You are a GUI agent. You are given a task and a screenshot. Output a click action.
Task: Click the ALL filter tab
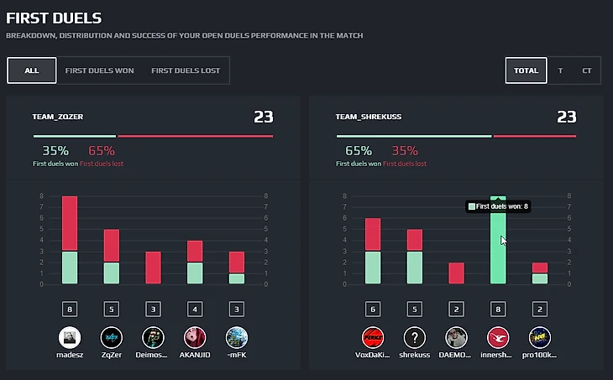point(32,70)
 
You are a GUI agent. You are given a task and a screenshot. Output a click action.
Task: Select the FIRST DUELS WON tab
point(99,70)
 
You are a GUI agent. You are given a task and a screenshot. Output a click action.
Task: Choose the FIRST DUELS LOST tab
point(186,70)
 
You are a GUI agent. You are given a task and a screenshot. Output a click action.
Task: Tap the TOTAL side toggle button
point(527,70)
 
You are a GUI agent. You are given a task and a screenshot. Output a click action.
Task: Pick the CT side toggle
point(586,70)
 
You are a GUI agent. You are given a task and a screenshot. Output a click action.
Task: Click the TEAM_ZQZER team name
point(58,117)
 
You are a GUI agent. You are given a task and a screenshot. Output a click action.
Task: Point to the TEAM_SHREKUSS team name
point(369,117)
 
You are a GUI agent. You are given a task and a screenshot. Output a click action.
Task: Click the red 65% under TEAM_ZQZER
point(101,151)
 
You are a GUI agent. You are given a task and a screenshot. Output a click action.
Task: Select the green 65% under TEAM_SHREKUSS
point(358,151)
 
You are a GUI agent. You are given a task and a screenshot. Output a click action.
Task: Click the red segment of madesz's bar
point(70,223)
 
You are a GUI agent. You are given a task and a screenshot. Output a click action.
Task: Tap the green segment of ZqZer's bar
point(112,273)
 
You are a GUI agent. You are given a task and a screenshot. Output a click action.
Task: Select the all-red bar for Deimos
point(154,268)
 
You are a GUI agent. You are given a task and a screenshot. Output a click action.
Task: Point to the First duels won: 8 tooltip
point(498,206)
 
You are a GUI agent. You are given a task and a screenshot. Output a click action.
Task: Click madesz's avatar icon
point(70,338)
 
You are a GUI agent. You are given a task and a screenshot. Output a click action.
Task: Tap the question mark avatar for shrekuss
point(414,338)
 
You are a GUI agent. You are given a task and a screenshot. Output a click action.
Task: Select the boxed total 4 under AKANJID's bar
point(195,309)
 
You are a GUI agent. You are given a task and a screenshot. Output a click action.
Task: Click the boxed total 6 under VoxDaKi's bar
point(372,309)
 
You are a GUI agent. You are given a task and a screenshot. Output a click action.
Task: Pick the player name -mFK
point(237,356)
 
